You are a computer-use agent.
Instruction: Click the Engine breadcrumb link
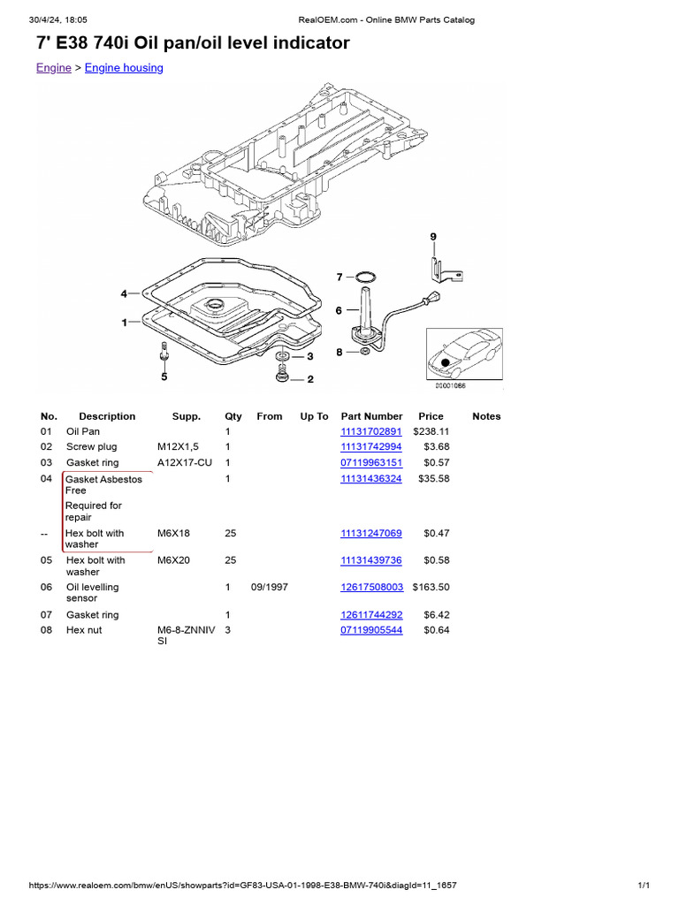tap(53, 68)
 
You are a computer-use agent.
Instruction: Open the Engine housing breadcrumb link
tap(124, 68)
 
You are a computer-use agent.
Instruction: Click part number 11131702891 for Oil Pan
tap(371, 431)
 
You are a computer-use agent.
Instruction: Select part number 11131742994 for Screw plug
tap(371, 447)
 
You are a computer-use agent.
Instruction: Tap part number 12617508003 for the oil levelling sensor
tap(371, 587)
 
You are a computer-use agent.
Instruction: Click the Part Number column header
tap(371, 416)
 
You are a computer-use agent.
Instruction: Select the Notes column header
tap(486, 416)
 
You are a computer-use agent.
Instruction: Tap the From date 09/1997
tap(269, 587)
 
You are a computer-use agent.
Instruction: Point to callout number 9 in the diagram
tap(433, 237)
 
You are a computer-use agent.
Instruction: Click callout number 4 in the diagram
tap(125, 293)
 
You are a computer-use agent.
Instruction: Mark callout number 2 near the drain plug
tap(309, 380)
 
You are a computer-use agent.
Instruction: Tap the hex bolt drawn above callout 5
tap(164, 352)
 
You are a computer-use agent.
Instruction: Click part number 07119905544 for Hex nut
tap(371, 630)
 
